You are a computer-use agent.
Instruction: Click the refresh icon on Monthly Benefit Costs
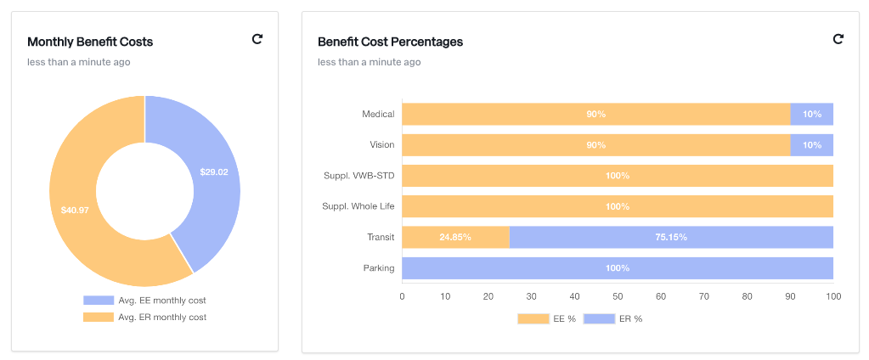pyautogui.click(x=257, y=39)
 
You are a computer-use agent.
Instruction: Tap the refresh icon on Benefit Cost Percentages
pyautogui.click(x=838, y=39)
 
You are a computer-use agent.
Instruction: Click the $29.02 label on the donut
pyautogui.click(x=214, y=172)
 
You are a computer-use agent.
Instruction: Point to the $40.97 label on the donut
pyautogui.click(x=75, y=210)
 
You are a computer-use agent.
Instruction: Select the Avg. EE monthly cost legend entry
pyautogui.click(x=144, y=301)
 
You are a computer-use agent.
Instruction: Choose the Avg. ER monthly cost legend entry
pyautogui.click(x=144, y=317)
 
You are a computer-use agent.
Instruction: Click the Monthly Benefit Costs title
pyautogui.click(x=90, y=42)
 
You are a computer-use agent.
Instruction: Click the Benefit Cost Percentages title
pyautogui.click(x=390, y=42)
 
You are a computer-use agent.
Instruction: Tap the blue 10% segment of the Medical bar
pyautogui.click(x=812, y=115)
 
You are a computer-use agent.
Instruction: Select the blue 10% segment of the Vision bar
pyautogui.click(x=812, y=145)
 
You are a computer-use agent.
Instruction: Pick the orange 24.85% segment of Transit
pyautogui.click(x=455, y=238)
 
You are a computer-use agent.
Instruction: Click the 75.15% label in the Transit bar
pyautogui.click(x=671, y=238)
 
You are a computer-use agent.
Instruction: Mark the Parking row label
pyautogui.click(x=379, y=268)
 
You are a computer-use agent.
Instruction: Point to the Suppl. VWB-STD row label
pyautogui.click(x=358, y=176)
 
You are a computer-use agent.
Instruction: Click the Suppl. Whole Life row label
pyautogui.click(x=358, y=206)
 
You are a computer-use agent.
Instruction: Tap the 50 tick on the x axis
pyautogui.click(x=618, y=296)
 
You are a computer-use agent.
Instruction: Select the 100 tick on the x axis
pyautogui.click(x=833, y=296)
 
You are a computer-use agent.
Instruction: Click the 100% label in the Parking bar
pyautogui.click(x=618, y=268)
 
